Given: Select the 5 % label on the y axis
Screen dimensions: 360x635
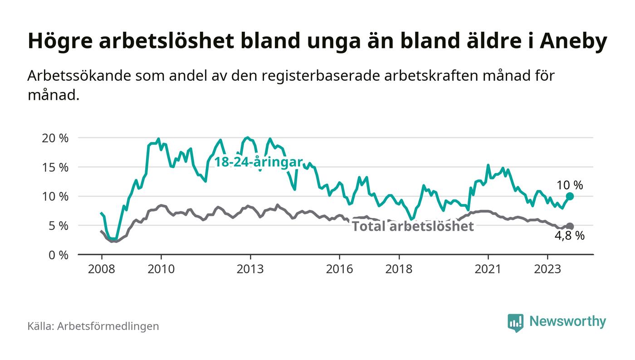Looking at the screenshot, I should [x=59, y=226].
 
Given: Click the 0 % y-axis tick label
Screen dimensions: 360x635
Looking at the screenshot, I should [x=59, y=255].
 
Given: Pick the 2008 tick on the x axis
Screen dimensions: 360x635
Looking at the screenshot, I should [x=101, y=268].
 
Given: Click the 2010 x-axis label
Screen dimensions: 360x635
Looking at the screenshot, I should [x=161, y=268].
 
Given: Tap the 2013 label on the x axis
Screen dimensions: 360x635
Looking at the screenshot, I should [x=250, y=268].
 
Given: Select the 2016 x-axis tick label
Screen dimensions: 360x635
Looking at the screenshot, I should [x=339, y=268].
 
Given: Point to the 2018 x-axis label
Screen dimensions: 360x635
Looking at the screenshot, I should [x=399, y=268].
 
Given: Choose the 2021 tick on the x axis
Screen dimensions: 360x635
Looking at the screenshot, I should [x=488, y=268].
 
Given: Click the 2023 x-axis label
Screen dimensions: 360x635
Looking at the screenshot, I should [x=547, y=268].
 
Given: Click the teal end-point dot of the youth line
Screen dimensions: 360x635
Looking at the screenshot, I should [x=570, y=196].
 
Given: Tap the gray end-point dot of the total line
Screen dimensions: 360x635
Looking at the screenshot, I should [x=570, y=226].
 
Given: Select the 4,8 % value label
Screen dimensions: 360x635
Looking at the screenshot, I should [x=570, y=236].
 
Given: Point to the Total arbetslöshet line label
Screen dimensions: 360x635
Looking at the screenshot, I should [x=413, y=226].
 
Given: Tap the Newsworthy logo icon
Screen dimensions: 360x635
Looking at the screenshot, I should [x=515, y=322].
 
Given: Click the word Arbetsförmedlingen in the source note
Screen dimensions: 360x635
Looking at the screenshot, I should [x=108, y=326].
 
